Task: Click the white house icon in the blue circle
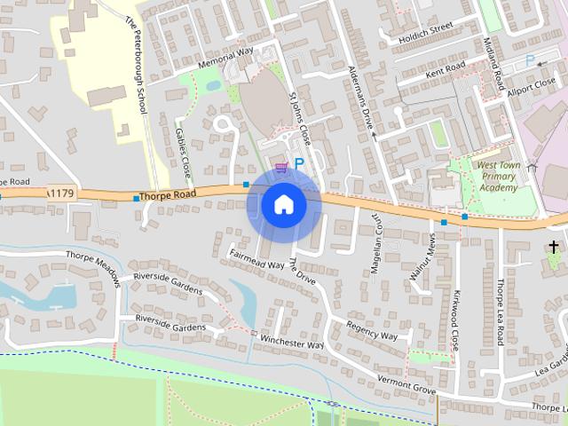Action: point(283,205)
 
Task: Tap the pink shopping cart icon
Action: point(281,167)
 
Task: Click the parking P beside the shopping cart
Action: point(299,164)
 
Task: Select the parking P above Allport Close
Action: point(530,60)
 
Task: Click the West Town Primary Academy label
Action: point(497,176)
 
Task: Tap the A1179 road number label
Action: point(59,193)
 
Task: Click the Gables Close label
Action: point(182,151)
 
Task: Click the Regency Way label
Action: point(372,329)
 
